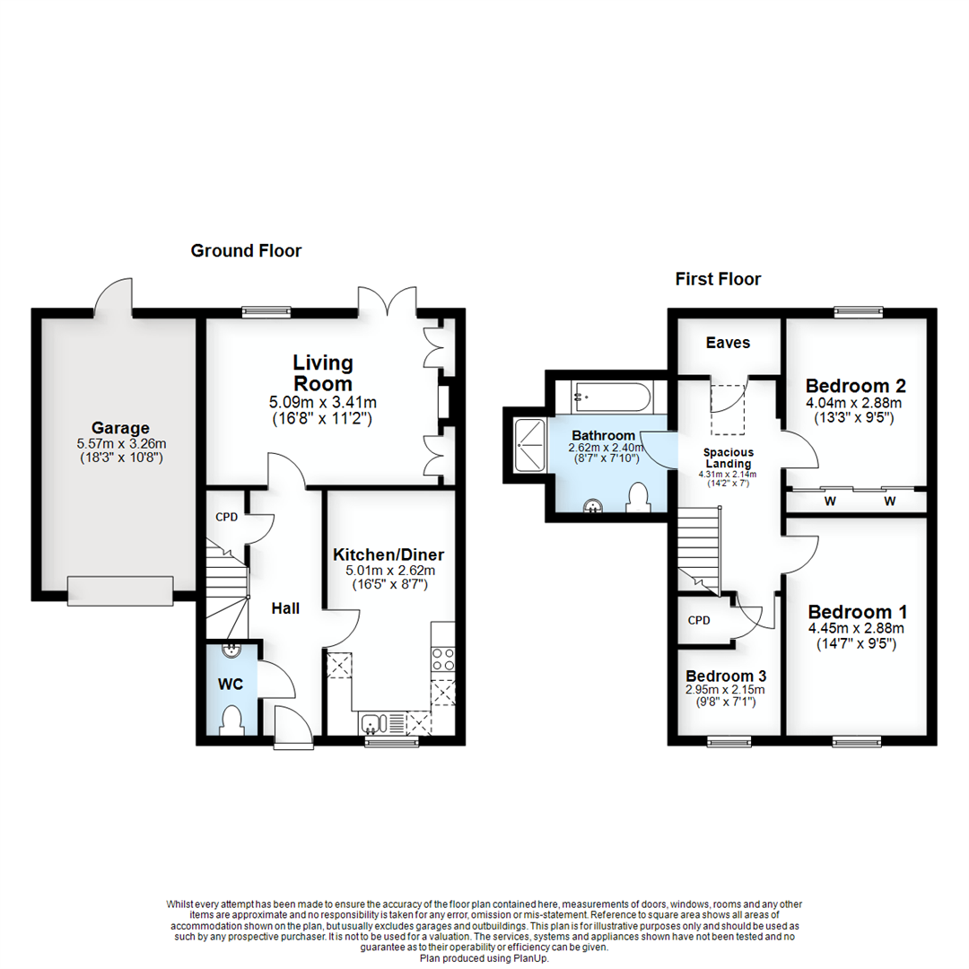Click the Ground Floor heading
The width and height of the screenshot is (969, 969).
click(246, 251)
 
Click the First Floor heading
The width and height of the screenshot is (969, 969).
click(718, 279)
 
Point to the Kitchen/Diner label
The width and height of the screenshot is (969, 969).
click(388, 553)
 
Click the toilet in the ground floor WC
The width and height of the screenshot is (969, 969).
click(231, 720)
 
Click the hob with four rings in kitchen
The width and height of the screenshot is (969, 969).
click(443, 659)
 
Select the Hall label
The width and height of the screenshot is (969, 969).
click(285, 608)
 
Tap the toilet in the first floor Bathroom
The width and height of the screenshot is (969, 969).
click(638, 498)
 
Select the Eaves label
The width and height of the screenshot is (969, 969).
click(728, 343)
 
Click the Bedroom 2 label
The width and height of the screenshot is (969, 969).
click(855, 387)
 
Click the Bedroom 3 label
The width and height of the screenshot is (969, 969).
click(726, 676)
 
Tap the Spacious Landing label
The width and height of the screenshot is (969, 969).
click(728, 458)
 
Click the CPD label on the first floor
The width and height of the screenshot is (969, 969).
click(699, 619)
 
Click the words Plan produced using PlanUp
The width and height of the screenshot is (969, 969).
click(484, 958)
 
